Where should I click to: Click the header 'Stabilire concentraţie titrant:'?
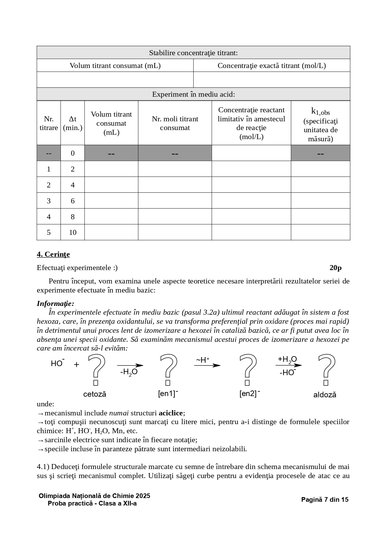tap(193, 53)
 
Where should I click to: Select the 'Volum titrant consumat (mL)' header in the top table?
tap(115, 65)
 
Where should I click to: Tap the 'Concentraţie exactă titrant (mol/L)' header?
tap(272, 65)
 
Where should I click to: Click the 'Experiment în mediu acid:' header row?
tap(193, 94)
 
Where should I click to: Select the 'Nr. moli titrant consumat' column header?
tap(175, 123)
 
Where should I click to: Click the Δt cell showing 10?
tap(73, 232)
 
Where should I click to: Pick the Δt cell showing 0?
tap(73, 153)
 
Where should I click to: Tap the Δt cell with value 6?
tap(73, 201)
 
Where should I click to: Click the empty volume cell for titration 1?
tap(111, 169)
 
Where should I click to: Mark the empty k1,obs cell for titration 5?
tap(320, 232)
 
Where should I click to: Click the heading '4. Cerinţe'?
tap(53, 254)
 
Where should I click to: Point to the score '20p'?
tap(335, 268)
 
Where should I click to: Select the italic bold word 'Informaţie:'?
tap(56, 303)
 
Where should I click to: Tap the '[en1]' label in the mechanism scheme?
tap(168, 394)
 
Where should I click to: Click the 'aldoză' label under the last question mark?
tap(325, 395)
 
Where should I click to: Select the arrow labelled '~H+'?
tap(207, 365)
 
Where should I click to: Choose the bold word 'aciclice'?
tap(171, 413)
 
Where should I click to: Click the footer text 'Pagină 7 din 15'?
tap(325, 499)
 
